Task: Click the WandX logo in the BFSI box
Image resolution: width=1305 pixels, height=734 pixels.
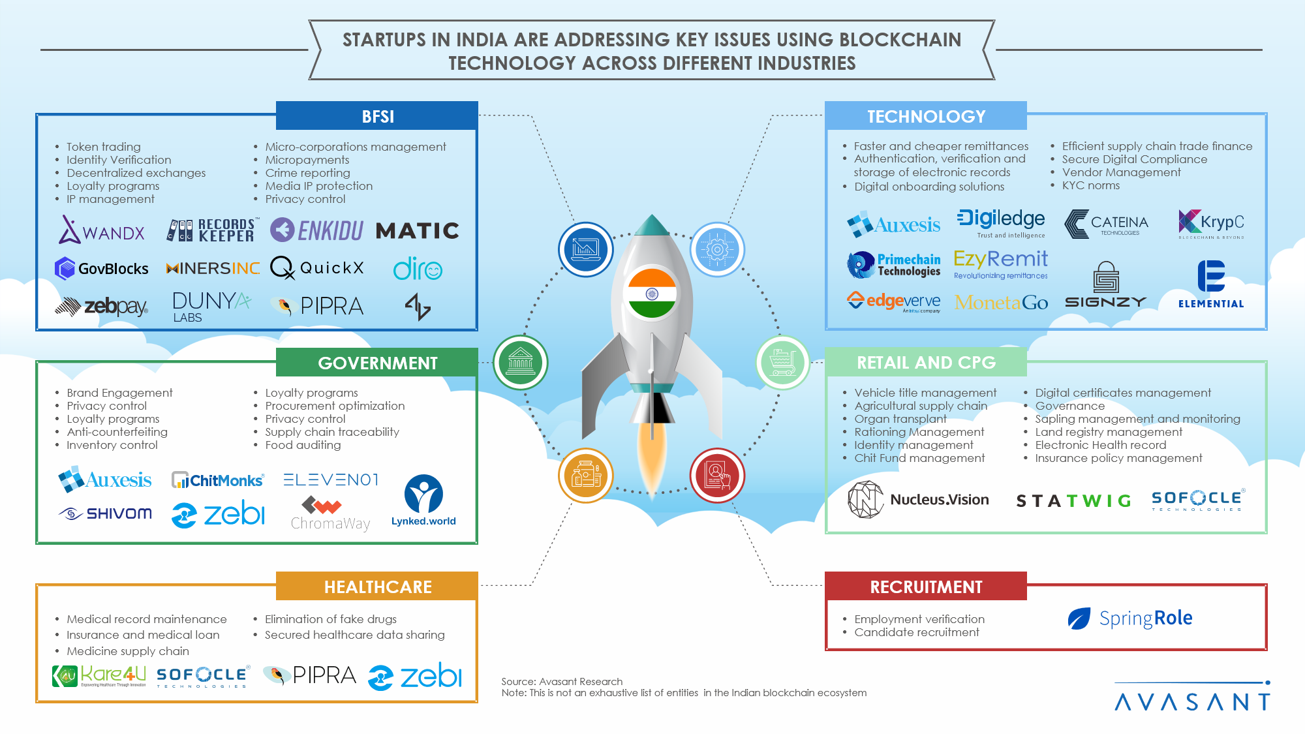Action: click(102, 230)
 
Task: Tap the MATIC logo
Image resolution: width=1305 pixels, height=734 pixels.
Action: click(418, 230)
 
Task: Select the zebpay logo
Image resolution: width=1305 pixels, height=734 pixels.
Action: click(102, 306)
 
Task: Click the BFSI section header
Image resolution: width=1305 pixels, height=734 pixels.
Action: click(377, 116)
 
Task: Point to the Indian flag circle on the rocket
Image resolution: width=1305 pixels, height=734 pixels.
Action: click(651, 294)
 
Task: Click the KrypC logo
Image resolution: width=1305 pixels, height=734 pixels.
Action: click(1211, 224)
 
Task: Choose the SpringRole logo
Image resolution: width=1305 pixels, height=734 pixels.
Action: click(1130, 618)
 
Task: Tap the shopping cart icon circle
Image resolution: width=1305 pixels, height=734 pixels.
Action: click(782, 362)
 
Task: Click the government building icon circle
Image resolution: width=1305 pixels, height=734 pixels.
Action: click(521, 362)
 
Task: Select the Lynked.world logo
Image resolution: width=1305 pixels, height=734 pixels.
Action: click(423, 500)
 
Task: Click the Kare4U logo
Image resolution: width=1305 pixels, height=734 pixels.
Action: click(99, 676)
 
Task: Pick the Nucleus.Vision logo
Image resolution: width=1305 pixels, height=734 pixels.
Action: click(918, 500)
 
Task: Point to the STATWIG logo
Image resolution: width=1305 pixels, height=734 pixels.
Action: click(1073, 500)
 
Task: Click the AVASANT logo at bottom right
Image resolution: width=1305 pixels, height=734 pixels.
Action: click(1192, 699)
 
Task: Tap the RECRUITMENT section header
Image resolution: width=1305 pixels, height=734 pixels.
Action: click(926, 587)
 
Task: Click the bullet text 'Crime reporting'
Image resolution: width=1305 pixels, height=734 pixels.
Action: click(307, 173)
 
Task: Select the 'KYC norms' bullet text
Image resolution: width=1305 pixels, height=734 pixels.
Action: click(1090, 185)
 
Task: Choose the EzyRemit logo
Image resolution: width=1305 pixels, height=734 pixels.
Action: click(1000, 263)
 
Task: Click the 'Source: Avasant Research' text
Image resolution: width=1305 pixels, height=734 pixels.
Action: click(562, 682)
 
